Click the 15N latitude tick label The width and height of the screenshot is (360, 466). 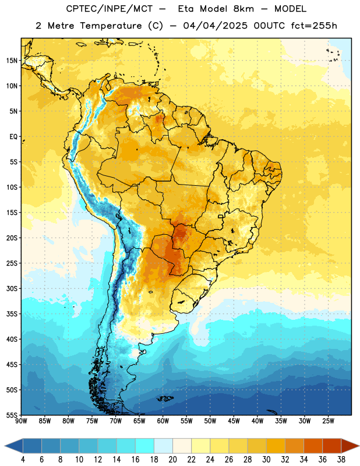[x=12, y=61]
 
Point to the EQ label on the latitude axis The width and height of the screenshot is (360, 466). [x=13, y=137]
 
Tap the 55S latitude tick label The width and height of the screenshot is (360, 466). [x=12, y=415]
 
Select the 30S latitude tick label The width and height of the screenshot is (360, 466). [x=12, y=288]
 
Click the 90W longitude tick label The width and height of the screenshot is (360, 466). [x=21, y=421]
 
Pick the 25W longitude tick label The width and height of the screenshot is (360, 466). [x=328, y=421]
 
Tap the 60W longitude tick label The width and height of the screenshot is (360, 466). [x=163, y=421]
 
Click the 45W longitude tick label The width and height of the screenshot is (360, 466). [x=234, y=421]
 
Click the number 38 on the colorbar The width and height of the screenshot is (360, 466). [x=341, y=460]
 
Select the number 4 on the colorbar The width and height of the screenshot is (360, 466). [x=23, y=460]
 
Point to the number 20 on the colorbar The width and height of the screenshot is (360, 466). [x=172, y=460]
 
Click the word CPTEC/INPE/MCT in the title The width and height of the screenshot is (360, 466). [x=110, y=9]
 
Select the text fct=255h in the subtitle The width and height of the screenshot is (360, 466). [x=314, y=26]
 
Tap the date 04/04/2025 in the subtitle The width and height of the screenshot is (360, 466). [x=215, y=26]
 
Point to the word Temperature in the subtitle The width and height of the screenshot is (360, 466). [x=111, y=26]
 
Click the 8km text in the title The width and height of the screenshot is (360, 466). [x=243, y=9]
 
